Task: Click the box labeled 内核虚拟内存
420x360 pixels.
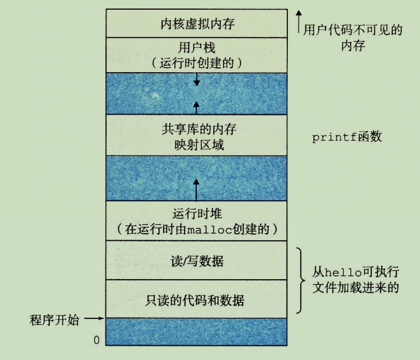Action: tap(197, 24)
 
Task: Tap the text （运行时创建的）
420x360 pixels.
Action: tap(197, 62)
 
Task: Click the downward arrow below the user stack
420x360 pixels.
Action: tap(197, 79)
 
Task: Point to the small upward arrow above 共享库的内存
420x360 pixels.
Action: tap(196, 106)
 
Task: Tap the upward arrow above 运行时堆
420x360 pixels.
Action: tap(196, 189)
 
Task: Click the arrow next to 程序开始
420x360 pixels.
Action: tap(94, 319)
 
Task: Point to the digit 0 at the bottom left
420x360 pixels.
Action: tap(96, 340)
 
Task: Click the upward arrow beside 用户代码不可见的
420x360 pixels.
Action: tap(299, 21)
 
